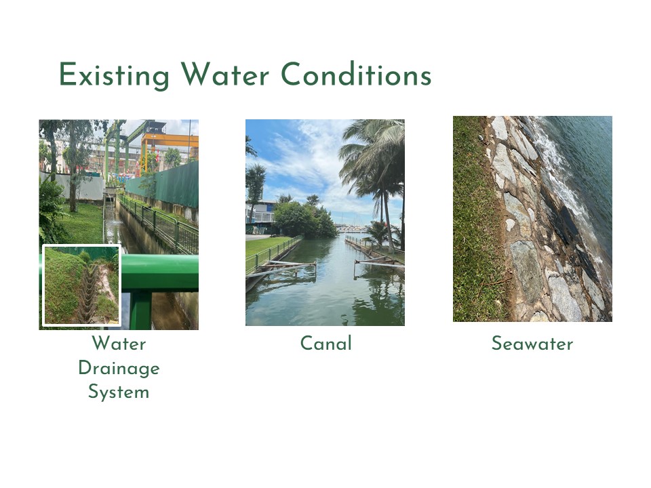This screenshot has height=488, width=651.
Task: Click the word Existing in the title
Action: [x=114, y=75]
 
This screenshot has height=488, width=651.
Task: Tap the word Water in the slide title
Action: [x=224, y=75]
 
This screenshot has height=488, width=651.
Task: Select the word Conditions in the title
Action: [x=356, y=75]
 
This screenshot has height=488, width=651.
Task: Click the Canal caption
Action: [x=326, y=344]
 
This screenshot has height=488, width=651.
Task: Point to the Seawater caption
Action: [x=532, y=344]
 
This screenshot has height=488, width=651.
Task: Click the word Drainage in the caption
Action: [x=119, y=369]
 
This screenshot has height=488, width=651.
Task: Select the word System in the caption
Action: [x=119, y=392]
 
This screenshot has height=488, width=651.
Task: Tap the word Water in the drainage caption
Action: [x=119, y=344]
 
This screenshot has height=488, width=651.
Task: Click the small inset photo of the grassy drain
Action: [x=82, y=285]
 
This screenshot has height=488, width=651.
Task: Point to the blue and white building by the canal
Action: [x=260, y=216]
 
